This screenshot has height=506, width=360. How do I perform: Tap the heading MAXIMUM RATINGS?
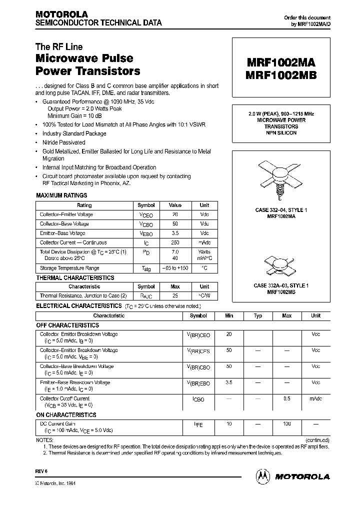point(61,195)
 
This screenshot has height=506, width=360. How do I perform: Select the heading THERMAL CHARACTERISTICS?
point(75,277)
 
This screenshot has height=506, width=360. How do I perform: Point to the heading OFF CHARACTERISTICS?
point(67,325)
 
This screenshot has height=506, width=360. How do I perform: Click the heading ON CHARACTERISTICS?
point(66,415)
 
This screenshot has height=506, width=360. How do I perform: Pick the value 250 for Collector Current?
point(175,242)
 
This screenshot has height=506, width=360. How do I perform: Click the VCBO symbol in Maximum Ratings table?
point(146,224)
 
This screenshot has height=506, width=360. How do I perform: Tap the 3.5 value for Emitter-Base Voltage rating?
point(175,233)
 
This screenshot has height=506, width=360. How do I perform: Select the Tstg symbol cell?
point(146,269)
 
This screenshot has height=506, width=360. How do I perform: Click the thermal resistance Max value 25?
point(175,296)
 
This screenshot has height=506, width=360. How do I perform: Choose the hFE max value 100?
point(286,424)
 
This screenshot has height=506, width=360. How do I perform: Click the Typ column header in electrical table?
point(258,316)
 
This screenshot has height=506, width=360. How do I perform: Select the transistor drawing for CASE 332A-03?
point(280,267)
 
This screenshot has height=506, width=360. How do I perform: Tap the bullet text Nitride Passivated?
point(63,142)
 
